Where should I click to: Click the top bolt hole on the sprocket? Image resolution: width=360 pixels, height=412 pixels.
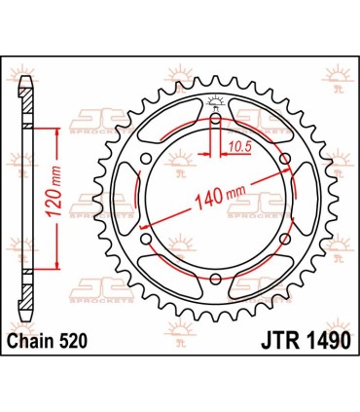pos(214,116)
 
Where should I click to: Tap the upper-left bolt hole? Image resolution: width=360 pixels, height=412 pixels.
pos(144,158)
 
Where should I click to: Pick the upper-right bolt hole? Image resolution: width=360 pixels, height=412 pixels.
pos(284,158)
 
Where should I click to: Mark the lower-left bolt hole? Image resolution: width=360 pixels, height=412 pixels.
pos(144,239)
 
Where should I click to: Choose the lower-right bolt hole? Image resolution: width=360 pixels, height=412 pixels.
pos(284,239)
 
